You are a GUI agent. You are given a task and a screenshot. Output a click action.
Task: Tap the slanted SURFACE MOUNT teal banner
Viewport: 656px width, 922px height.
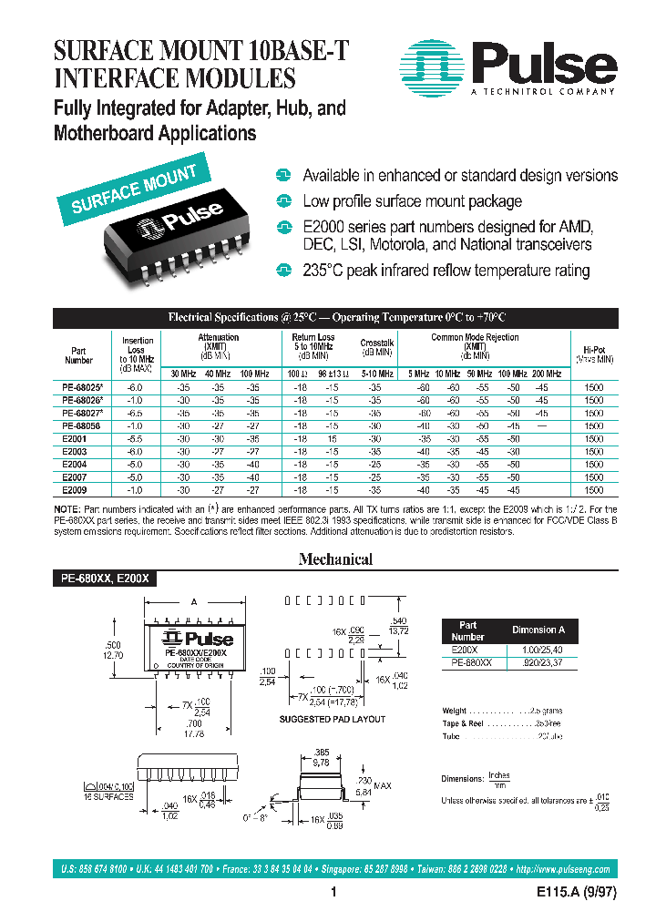134,190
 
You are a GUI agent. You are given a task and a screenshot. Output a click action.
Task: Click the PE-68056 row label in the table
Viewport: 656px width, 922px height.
79,425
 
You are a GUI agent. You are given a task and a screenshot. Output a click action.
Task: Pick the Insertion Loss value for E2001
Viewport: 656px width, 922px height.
138,438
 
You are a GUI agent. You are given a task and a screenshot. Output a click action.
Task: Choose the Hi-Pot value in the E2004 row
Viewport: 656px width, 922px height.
593,464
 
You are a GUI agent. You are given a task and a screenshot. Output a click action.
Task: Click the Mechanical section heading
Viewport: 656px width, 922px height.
335,559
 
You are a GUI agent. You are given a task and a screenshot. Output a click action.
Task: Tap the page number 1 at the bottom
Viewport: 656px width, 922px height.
334,894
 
